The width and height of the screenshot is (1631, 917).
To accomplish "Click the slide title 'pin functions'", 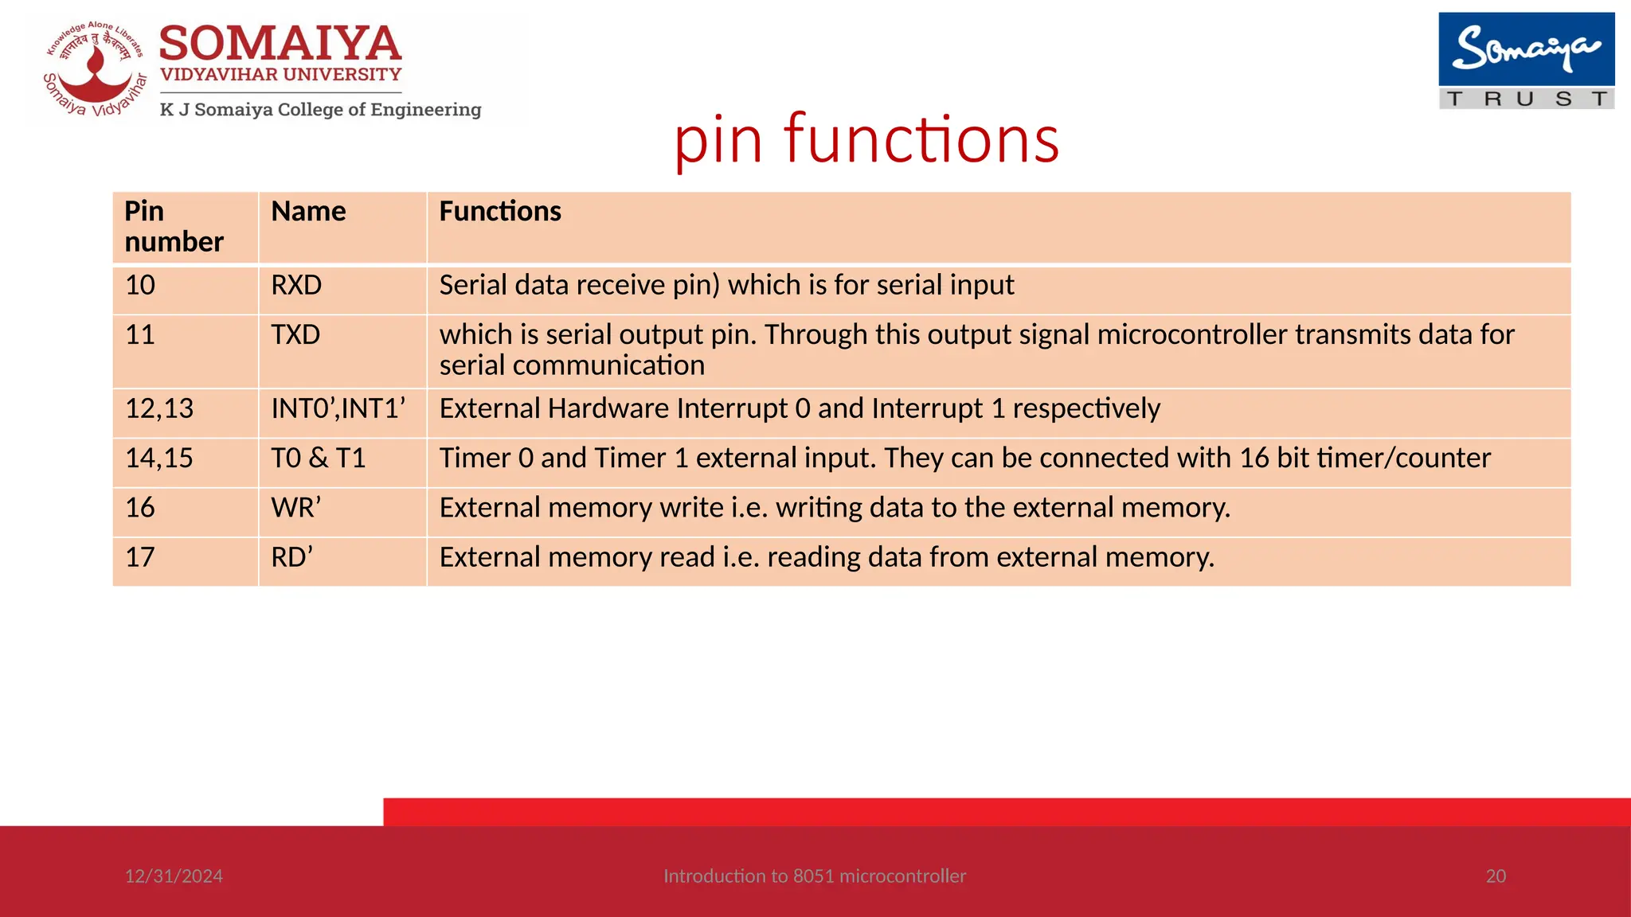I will pyautogui.click(x=866, y=139).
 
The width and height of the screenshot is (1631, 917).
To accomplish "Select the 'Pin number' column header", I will pyautogui.click(x=174, y=227).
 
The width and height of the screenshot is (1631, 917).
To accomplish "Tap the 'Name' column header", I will pyautogui.click(x=308, y=212).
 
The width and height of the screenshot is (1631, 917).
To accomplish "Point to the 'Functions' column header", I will pyautogui.click(x=500, y=212).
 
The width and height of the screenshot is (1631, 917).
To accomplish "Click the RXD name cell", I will pyautogui.click(x=296, y=286).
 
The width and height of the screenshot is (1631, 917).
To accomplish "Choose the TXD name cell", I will pyautogui.click(x=295, y=335).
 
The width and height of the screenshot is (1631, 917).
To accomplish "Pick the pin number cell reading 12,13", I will pyautogui.click(x=159, y=409).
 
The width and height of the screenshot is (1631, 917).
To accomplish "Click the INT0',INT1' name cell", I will pyautogui.click(x=338, y=409).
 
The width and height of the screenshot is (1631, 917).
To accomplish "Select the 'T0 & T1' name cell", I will pyautogui.click(x=319, y=458).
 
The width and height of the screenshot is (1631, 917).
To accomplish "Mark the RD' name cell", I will pyautogui.click(x=292, y=557).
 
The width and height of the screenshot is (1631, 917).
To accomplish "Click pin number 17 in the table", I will pyautogui.click(x=140, y=557).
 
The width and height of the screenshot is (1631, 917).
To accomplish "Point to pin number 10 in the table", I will pyautogui.click(x=140, y=286).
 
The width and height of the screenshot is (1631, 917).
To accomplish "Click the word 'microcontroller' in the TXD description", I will pyautogui.click(x=1191, y=335).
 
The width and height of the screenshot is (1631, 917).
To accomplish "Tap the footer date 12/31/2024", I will pyautogui.click(x=174, y=876).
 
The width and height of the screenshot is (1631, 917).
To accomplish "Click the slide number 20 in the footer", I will pyautogui.click(x=1496, y=876).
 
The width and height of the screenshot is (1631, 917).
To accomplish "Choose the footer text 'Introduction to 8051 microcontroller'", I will pyautogui.click(x=815, y=876).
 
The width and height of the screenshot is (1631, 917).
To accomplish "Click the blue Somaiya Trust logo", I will pyautogui.click(x=1526, y=60).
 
